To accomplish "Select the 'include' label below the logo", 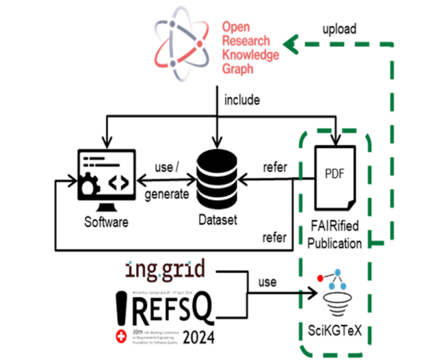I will pyautogui.click(x=242, y=100).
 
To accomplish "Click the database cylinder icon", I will pyautogui.click(x=217, y=179).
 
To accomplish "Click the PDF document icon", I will pyautogui.click(x=335, y=176).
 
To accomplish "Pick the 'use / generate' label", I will pyautogui.click(x=166, y=181).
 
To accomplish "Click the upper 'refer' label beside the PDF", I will pyautogui.click(x=275, y=167).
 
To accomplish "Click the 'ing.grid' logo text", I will pyautogui.click(x=165, y=270).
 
